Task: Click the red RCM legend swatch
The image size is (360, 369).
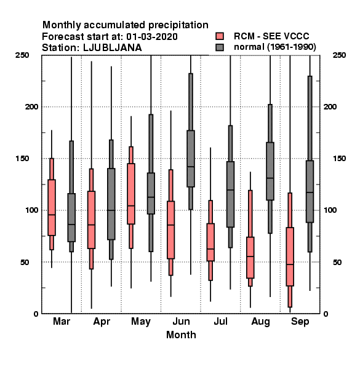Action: coord(220,36)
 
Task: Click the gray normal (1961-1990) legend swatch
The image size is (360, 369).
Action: coord(220,47)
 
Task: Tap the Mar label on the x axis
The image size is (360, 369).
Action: coord(62,321)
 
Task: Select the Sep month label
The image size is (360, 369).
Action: coord(300,322)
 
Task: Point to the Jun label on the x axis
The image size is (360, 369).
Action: coord(181,321)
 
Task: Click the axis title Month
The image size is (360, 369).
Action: coord(181,335)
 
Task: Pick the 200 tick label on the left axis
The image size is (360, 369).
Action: coord(31,106)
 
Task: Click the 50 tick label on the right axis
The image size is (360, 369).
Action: coord(337,262)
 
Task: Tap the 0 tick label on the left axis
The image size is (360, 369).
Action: coord(36,314)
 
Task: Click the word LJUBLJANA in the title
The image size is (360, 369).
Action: coord(113,48)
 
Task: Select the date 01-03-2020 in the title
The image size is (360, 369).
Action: coord(152,36)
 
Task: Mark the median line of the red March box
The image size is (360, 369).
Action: coord(52,215)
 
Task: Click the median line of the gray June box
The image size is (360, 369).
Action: coord(191,167)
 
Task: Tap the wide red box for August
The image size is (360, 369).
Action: coord(250,258)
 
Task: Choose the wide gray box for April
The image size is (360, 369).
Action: coord(111,204)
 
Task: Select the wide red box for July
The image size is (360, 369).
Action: coord(210,242)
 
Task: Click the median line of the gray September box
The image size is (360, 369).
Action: coord(310,192)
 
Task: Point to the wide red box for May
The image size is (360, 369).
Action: coord(131,194)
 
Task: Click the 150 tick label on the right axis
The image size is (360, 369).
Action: coord(339,159)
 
